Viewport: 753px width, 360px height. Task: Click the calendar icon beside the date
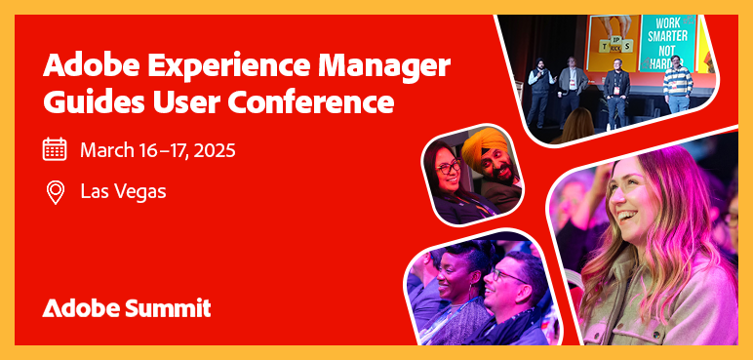point(55,149)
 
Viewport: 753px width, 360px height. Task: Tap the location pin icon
point(55,191)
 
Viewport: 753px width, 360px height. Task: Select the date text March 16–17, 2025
point(157,150)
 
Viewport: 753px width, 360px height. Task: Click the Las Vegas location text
point(123,191)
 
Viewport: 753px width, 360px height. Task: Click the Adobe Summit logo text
point(127,308)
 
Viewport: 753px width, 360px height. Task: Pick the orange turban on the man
point(485,148)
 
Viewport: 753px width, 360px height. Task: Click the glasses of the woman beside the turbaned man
point(448,168)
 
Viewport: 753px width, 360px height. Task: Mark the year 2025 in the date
point(214,150)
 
